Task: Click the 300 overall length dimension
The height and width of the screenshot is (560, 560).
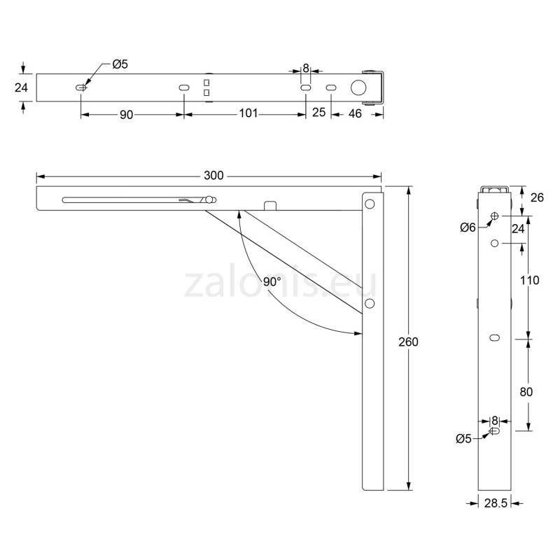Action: (x=209, y=176)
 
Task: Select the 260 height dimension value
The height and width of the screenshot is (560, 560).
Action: (x=408, y=342)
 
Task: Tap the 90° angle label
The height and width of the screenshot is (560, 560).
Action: (x=272, y=281)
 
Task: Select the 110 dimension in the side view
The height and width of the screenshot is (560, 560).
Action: (x=530, y=281)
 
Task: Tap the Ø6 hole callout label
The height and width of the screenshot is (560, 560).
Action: (x=468, y=227)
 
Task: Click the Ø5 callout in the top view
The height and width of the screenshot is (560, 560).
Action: (x=120, y=65)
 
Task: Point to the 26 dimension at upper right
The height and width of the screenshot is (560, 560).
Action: (x=538, y=198)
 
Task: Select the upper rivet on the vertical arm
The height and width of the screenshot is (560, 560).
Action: (x=370, y=205)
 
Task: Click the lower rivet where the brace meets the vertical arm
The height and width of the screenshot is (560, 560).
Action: (x=370, y=303)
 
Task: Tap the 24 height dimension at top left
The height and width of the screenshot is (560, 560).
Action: (x=21, y=87)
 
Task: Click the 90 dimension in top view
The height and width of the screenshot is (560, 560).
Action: (x=126, y=114)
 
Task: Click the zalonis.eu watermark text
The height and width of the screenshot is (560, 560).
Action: (x=280, y=284)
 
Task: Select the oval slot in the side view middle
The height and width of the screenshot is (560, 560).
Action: (x=495, y=338)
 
